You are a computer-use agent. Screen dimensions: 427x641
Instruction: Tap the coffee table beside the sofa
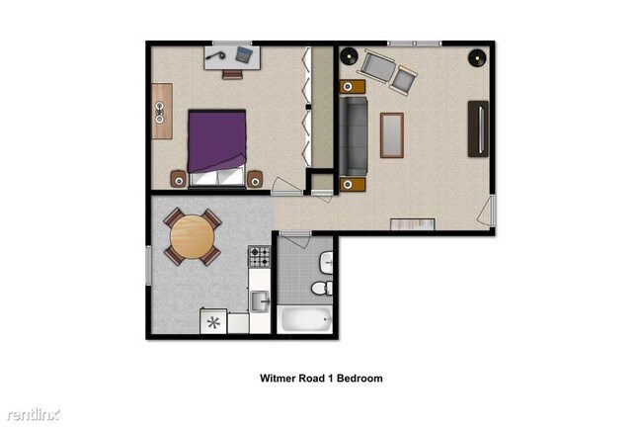pyautogui.click(x=392, y=135)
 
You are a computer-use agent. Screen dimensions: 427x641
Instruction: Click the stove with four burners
pyautogui.click(x=259, y=257)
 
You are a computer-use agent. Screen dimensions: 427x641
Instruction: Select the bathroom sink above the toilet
pyautogui.click(x=326, y=263)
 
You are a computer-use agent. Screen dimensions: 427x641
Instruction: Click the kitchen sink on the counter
pyautogui.click(x=259, y=300)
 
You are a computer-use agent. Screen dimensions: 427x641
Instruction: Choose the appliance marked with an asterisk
pyautogui.click(x=212, y=321)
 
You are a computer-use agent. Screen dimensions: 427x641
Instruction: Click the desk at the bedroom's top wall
pyautogui.click(x=233, y=56)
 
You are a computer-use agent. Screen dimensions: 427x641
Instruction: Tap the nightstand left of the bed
pyautogui.click(x=178, y=179)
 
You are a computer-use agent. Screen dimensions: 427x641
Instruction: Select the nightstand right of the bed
pyautogui.click(x=255, y=179)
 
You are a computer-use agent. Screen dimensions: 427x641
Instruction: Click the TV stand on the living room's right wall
pyautogui.click(x=479, y=128)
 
